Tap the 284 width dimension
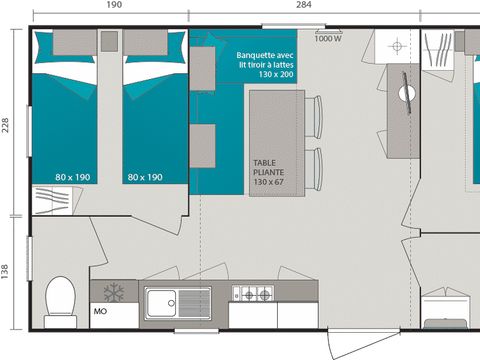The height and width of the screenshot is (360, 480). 303,6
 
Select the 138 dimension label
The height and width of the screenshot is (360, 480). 6,272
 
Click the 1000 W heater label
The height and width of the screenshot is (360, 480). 327,39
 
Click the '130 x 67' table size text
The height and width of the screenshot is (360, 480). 267,183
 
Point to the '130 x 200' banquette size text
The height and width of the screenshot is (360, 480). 275,75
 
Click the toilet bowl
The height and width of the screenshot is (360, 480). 60,298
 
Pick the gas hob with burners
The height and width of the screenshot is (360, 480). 253,294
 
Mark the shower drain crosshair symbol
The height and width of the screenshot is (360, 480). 397,47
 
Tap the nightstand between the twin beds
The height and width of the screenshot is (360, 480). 109,41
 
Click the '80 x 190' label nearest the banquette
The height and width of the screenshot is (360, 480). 145,177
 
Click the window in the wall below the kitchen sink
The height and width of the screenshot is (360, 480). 190,329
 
